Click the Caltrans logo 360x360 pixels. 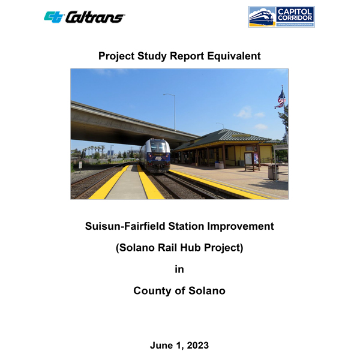point(84,17)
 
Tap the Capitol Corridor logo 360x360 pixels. point(281,17)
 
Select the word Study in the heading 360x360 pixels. point(152,56)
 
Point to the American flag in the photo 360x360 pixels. point(281,99)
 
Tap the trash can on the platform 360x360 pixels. point(273,172)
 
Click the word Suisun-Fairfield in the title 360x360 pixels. point(125,226)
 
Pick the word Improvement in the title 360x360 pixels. point(241,226)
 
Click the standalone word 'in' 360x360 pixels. point(179,269)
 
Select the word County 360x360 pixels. point(152,291)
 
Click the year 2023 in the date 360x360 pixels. point(197,346)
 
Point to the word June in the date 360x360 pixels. point(161,346)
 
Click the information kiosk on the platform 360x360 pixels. point(252,161)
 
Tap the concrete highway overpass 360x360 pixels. point(128,124)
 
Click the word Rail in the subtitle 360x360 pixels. point(167,247)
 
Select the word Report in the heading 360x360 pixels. point(187,56)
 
